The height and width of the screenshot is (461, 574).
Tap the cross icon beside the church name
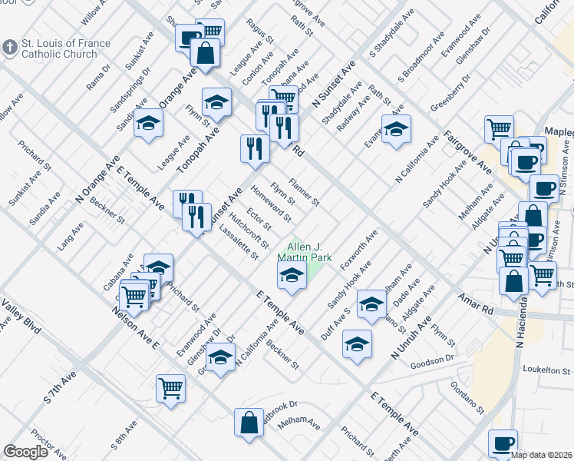[9, 48]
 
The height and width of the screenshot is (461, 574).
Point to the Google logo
[25, 452]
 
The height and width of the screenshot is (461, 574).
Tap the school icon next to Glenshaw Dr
[220, 358]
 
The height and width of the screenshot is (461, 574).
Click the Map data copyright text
[542, 454]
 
